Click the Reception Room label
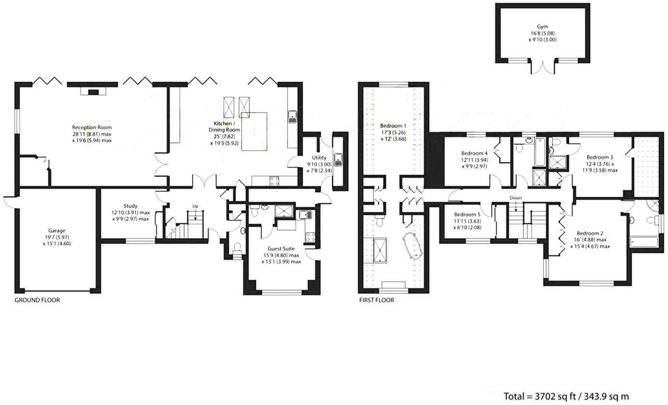(x=92, y=127)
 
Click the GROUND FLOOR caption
(x=37, y=300)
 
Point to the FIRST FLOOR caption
(x=376, y=300)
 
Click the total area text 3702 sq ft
(x=566, y=396)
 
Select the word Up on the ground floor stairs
(x=195, y=206)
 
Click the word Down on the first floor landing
(x=515, y=198)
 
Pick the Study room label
(x=130, y=206)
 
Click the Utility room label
(x=319, y=157)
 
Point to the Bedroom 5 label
(x=467, y=215)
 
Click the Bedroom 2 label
(x=591, y=233)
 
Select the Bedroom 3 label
(x=599, y=157)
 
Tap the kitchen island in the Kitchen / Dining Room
(x=254, y=131)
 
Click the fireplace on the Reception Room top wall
(x=93, y=91)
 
